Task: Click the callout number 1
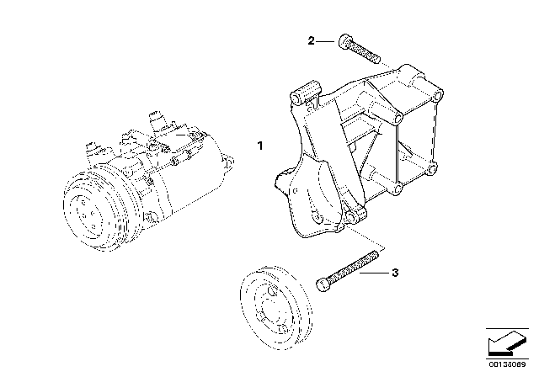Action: (x=260, y=146)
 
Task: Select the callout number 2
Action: (x=311, y=41)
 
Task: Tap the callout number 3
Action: (x=395, y=273)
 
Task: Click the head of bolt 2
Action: (x=344, y=41)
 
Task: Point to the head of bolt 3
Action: (x=322, y=284)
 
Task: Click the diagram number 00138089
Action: (x=507, y=364)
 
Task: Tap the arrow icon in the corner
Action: (x=507, y=344)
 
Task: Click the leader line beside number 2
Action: (x=325, y=41)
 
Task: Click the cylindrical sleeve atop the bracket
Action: (x=306, y=92)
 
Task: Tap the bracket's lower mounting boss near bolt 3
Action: (x=354, y=216)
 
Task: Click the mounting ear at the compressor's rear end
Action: (x=228, y=162)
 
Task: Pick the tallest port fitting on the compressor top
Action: (x=157, y=119)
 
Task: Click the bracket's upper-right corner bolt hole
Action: (x=438, y=94)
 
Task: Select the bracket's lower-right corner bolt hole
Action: (x=432, y=169)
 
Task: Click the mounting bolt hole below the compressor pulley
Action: (x=148, y=217)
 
